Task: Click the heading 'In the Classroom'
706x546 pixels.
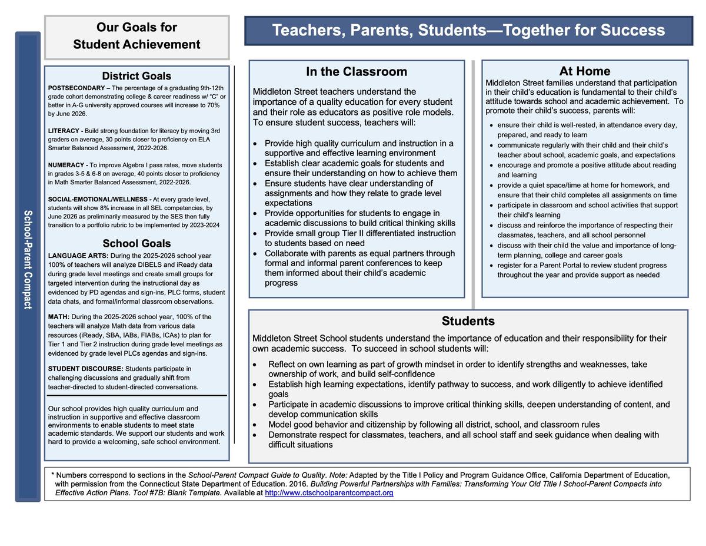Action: (356, 72)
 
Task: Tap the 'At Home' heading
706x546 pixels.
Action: (584, 71)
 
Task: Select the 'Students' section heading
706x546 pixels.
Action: (468, 321)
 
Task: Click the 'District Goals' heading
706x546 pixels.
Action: (136, 76)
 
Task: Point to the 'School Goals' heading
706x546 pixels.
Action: (136, 243)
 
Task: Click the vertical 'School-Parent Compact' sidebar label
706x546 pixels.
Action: (28, 259)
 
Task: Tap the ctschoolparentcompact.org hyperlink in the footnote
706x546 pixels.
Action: (329, 493)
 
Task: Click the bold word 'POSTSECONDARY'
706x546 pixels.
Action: (73, 88)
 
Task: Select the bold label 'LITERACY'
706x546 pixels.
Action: (64, 130)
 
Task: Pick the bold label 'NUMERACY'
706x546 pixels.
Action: (66, 165)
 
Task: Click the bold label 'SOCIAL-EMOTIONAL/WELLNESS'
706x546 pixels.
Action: (99, 199)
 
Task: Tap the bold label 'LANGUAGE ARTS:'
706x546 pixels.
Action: (78, 256)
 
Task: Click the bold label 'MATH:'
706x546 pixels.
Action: (59, 317)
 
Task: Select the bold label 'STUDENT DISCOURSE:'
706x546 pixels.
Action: (86, 369)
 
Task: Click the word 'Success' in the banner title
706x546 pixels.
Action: (632, 31)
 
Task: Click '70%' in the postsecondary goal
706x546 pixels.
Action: (212, 105)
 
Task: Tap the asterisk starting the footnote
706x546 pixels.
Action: (52, 475)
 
